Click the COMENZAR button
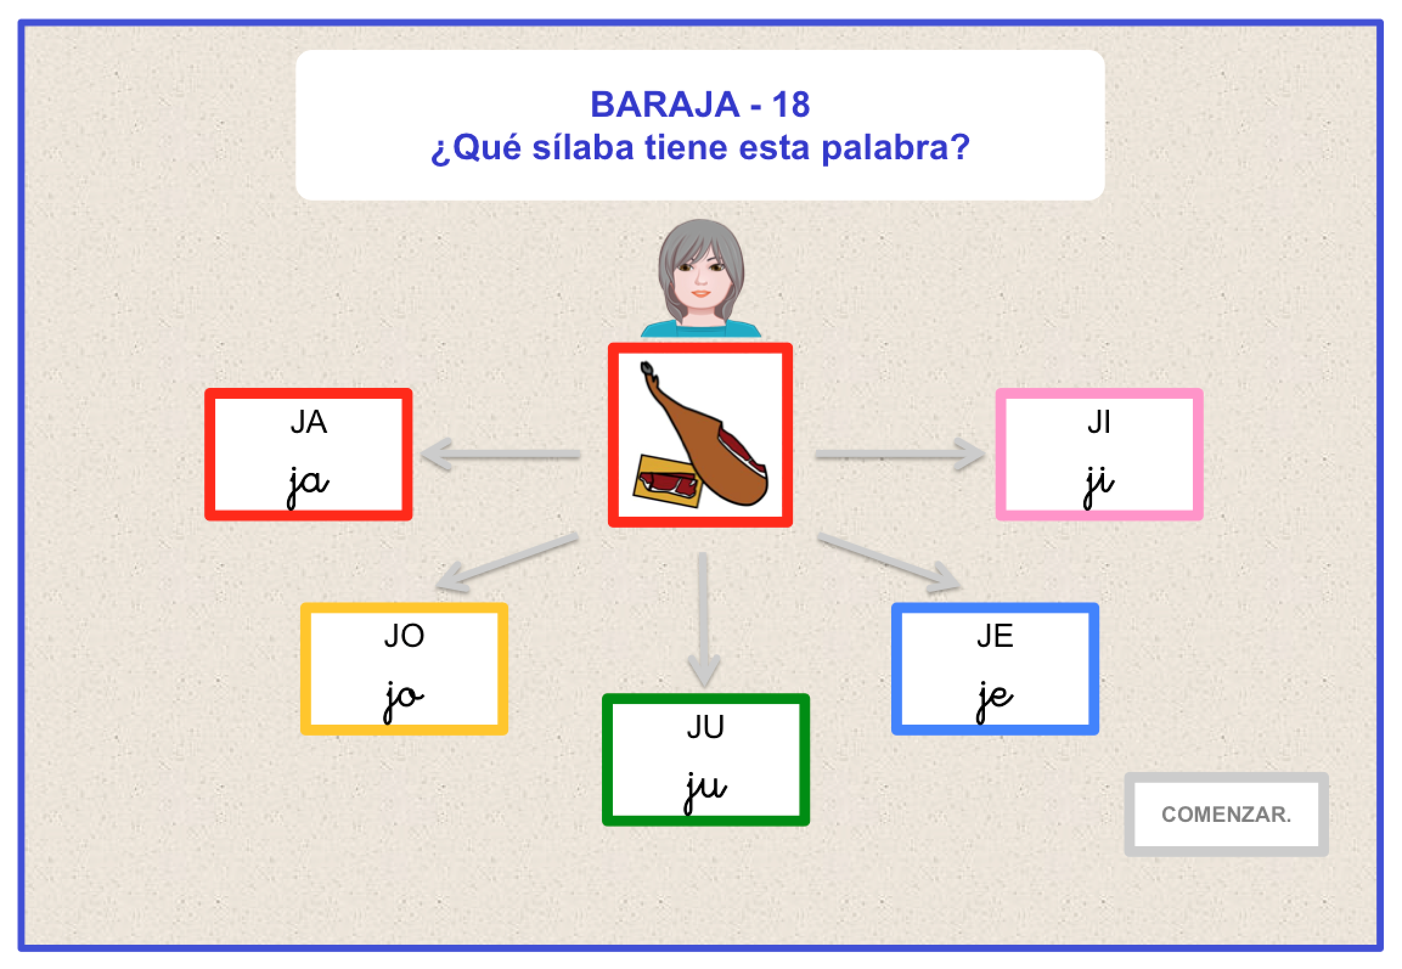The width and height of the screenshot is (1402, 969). coord(1226,814)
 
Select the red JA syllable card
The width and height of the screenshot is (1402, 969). coord(308,454)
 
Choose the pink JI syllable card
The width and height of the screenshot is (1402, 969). coord(1099,454)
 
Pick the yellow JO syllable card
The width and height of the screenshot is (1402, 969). coord(404,669)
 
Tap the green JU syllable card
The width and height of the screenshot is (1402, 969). coord(705,759)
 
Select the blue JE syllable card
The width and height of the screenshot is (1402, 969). coord(995,669)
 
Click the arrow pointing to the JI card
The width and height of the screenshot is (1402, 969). coord(900,454)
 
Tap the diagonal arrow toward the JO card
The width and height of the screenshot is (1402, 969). coord(507,562)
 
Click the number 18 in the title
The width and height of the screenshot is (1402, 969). coord(790,105)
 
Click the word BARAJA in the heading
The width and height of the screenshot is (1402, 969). coord(665,105)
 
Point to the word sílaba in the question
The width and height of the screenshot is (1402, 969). coord(583,148)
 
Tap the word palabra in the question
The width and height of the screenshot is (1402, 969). coord(894,148)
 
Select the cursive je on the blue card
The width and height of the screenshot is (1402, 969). coord(995,698)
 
